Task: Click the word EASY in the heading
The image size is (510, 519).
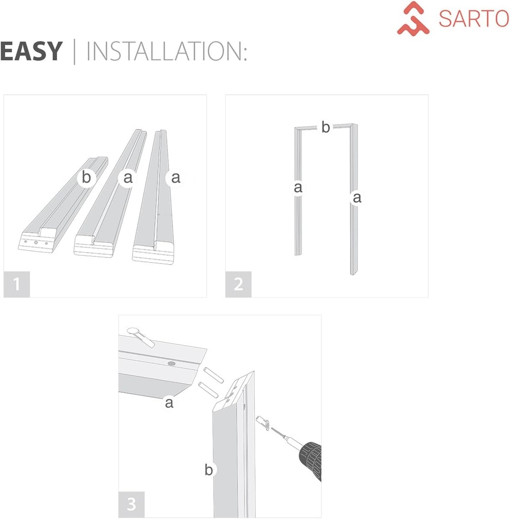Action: [31, 52]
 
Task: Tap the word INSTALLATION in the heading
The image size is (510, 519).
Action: [166, 52]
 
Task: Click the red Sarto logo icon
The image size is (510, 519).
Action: [413, 18]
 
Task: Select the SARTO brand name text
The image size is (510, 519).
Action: [473, 19]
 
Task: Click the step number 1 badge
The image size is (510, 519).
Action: [17, 284]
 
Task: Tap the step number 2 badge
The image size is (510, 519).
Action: [238, 284]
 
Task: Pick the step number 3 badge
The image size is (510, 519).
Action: [131, 504]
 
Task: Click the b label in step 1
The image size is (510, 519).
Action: [87, 178]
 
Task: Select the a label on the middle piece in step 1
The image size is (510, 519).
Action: [128, 178]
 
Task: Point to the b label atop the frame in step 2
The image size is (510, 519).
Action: [325, 128]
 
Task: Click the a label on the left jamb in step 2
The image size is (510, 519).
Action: [298, 188]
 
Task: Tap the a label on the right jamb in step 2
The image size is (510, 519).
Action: [357, 198]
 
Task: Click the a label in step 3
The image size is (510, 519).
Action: [169, 403]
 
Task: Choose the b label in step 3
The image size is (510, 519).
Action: [208, 470]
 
